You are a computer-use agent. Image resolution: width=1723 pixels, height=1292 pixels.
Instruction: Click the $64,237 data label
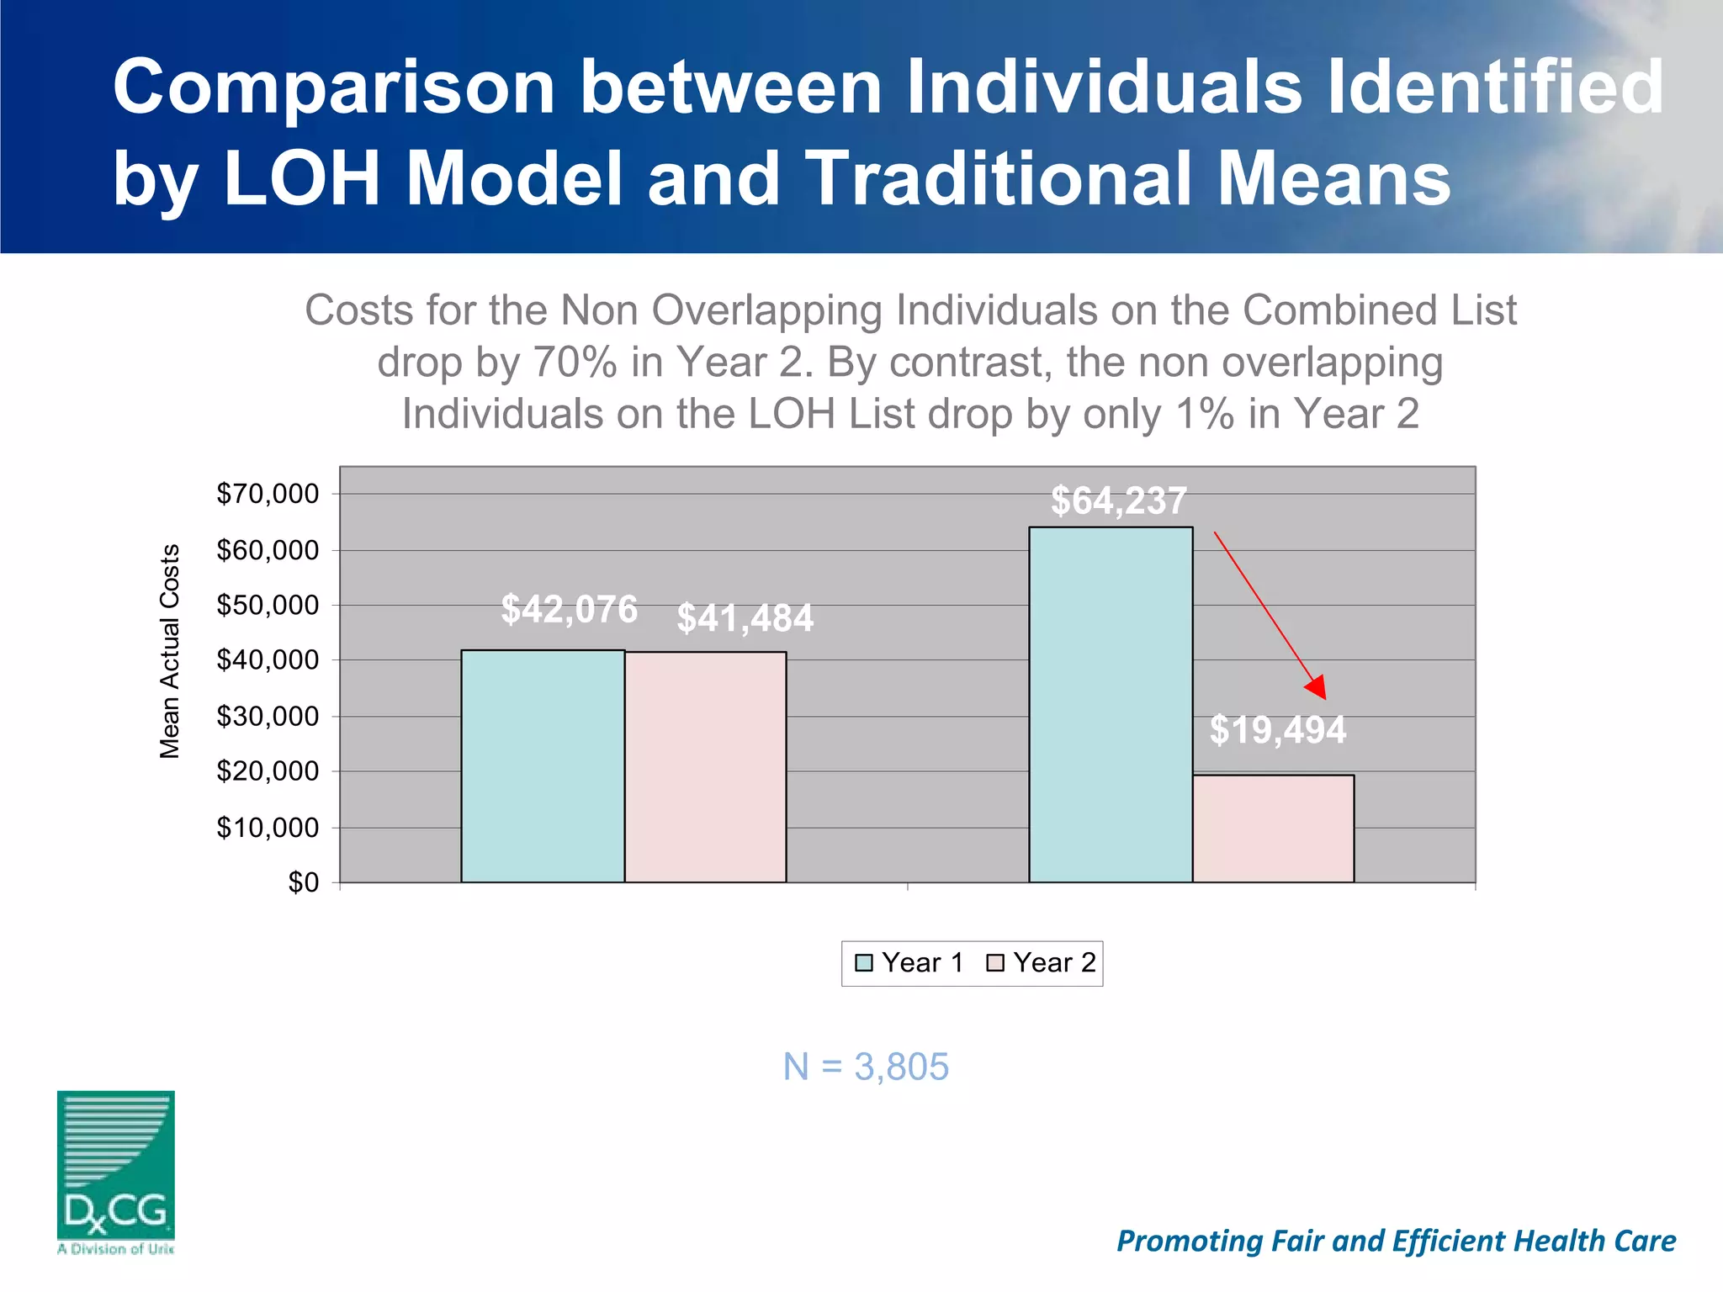tap(1118, 501)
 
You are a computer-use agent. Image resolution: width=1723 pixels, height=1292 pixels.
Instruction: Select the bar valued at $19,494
tap(1273, 829)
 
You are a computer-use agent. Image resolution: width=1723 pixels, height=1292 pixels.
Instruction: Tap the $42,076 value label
tap(569, 609)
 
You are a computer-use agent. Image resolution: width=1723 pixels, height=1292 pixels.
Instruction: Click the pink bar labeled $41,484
tap(705, 766)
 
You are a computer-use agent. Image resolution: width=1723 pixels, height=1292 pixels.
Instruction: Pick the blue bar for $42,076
tap(543, 766)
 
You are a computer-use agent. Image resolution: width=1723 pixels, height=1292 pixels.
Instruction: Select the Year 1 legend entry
tap(909, 963)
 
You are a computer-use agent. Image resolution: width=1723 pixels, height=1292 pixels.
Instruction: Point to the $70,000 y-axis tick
tap(268, 494)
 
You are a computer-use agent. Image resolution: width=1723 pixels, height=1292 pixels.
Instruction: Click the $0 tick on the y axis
tap(303, 882)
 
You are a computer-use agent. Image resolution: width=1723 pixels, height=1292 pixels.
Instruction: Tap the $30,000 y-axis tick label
tap(268, 717)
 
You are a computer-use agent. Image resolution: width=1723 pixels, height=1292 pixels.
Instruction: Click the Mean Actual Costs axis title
tap(170, 651)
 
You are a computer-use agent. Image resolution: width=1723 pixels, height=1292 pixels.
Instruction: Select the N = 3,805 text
tap(866, 1067)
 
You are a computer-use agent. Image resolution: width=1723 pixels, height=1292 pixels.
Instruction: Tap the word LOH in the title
tap(302, 178)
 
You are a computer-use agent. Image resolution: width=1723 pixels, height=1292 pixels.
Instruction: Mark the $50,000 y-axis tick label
tap(268, 605)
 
